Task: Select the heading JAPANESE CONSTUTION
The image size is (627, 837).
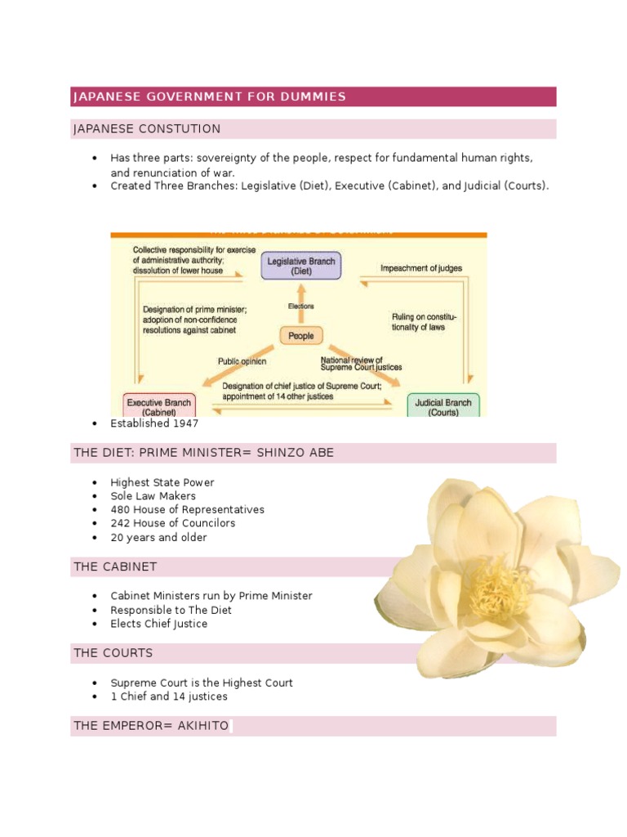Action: tap(147, 129)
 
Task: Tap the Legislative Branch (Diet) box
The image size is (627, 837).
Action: tap(300, 265)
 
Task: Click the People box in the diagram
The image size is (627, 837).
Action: tap(300, 336)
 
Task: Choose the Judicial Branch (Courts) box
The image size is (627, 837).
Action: tap(442, 406)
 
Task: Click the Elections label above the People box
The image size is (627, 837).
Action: tap(300, 307)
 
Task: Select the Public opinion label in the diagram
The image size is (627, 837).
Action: tap(242, 360)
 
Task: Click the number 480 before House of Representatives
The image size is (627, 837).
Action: tap(120, 509)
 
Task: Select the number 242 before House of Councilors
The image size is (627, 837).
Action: tap(120, 523)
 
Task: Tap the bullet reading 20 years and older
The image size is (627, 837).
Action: tap(158, 537)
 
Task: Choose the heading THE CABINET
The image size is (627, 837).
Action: tap(115, 566)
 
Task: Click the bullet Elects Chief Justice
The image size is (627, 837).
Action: tap(158, 624)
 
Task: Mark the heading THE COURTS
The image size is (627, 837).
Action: tap(113, 653)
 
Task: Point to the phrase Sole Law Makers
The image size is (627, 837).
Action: tap(153, 495)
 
